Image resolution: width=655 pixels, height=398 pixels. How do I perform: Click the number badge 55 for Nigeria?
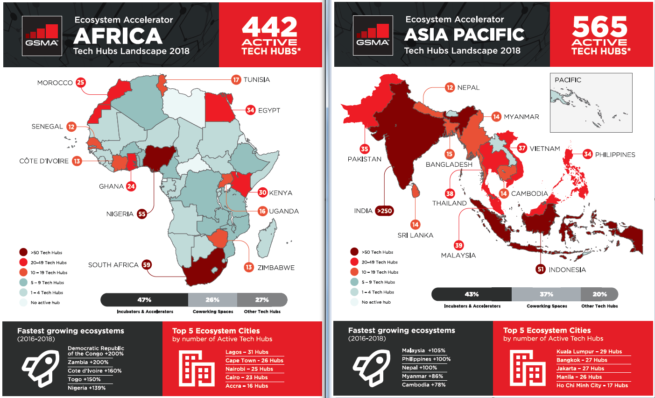tap(142, 214)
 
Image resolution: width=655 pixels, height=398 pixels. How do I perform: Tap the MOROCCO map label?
tap(55, 83)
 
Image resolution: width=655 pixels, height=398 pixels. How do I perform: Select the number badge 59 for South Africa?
tap(147, 265)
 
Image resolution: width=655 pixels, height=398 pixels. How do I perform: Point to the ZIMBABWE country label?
tap(276, 268)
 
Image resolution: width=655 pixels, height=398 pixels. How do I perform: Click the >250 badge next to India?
tap(384, 211)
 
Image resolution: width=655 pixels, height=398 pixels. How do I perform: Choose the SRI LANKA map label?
tap(415, 235)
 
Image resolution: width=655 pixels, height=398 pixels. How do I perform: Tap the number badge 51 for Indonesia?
tap(541, 269)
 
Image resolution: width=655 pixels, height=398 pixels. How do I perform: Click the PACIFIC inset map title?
tap(568, 80)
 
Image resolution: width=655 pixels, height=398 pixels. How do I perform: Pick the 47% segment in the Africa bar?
tap(144, 300)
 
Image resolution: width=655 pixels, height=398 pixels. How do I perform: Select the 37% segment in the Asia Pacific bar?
tap(546, 294)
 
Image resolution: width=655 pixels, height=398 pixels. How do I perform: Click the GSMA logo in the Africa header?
tap(42, 36)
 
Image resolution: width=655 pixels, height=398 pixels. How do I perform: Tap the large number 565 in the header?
tap(600, 27)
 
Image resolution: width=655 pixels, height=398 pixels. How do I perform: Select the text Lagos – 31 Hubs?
tap(247, 352)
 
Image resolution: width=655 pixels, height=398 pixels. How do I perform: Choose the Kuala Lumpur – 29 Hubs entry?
tap(589, 352)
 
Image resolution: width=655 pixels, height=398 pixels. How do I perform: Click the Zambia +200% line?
tap(88, 362)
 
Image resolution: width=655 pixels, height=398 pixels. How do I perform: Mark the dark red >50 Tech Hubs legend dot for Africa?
tap(23, 252)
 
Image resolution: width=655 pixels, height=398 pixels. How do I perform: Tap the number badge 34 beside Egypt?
tap(250, 110)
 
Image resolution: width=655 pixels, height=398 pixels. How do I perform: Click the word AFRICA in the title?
tap(118, 36)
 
